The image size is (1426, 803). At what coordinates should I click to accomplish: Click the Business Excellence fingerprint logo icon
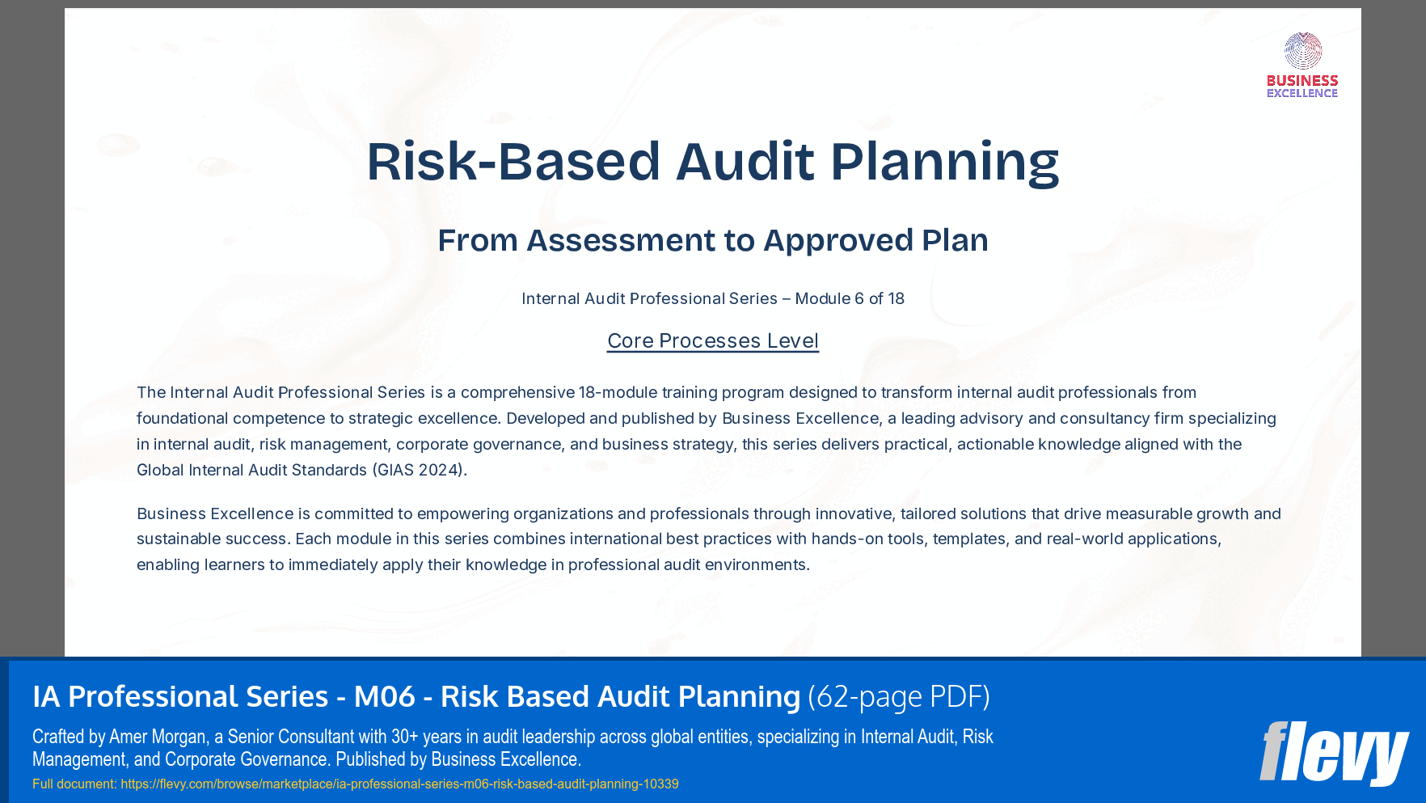pos(1302,51)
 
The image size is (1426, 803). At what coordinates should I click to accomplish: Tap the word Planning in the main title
pos(944,161)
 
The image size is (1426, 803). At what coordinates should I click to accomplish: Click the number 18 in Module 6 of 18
pos(896,298)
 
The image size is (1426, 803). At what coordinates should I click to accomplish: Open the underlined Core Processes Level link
pos(712,340)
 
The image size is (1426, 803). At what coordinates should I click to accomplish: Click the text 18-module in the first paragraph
pos(618,392)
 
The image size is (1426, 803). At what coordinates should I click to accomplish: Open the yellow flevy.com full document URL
pos(399,784)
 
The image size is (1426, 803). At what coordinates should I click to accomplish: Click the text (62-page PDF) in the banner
pos(899,696)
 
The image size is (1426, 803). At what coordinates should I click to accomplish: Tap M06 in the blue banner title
pos(385,696)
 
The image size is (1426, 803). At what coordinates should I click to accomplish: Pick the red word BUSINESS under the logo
pos(1302,81)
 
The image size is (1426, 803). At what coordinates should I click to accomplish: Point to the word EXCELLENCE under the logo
pos(1302,94)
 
